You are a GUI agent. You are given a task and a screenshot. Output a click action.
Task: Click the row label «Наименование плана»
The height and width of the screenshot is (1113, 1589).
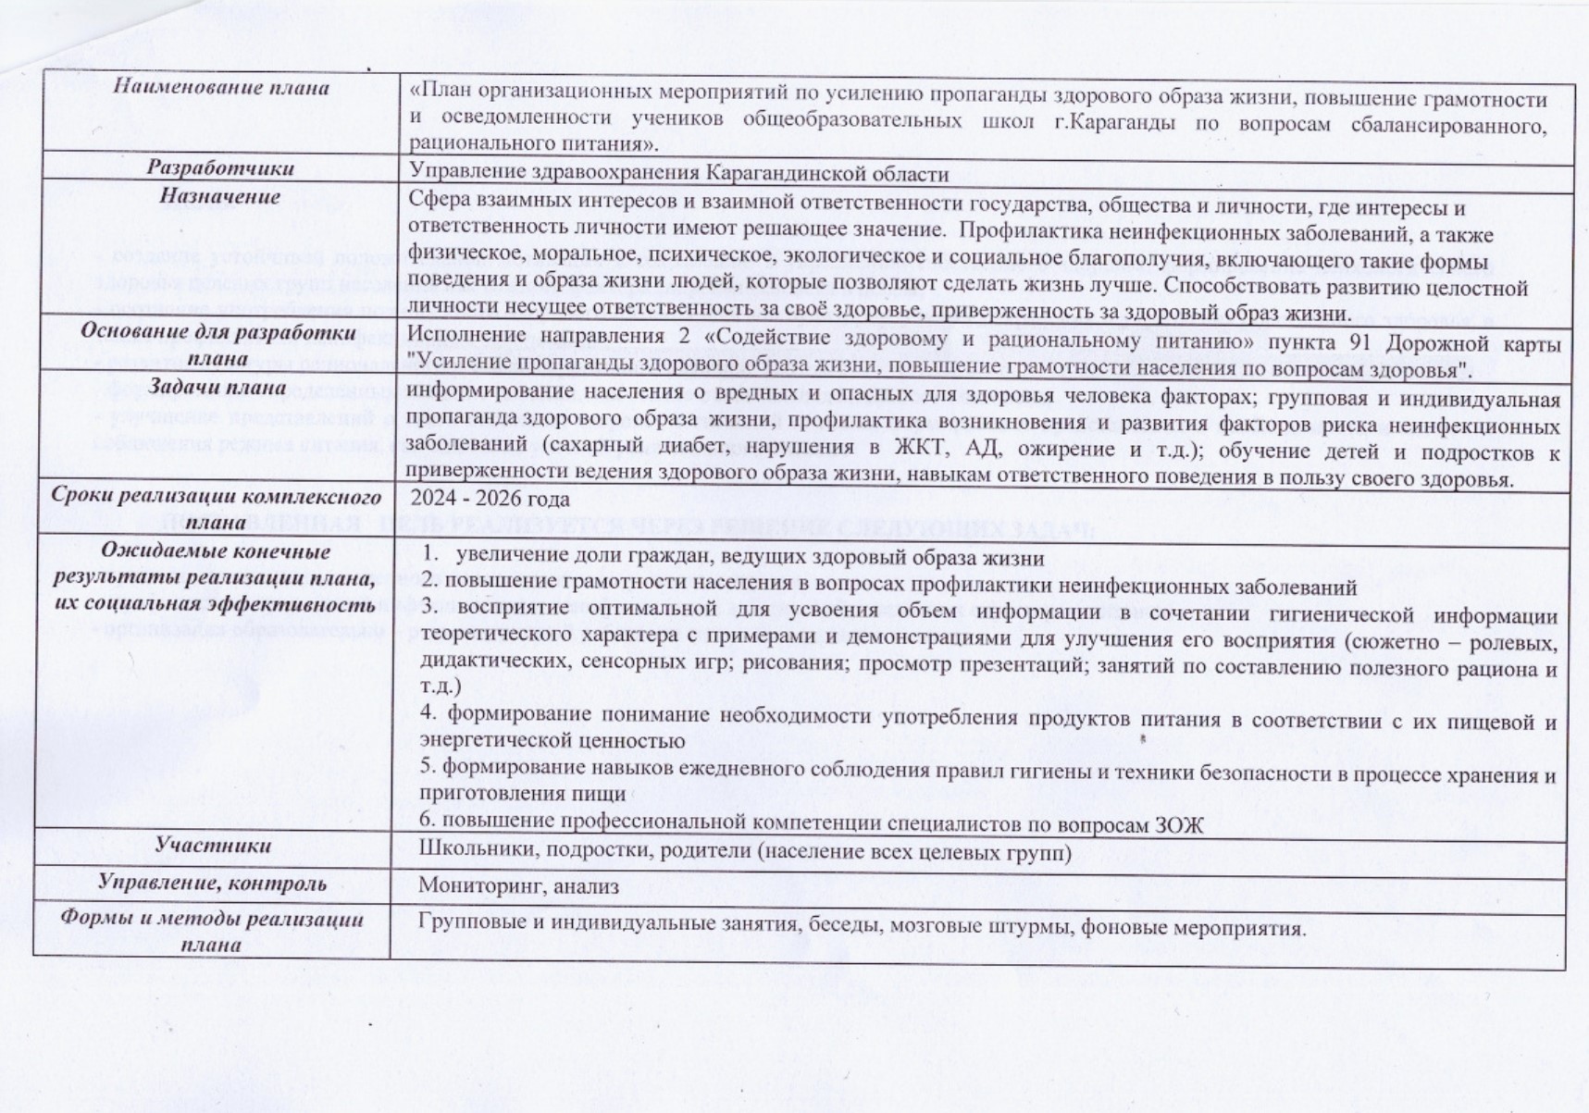[220, 88]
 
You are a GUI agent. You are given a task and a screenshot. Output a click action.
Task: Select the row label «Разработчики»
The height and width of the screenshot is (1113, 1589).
[220, 168]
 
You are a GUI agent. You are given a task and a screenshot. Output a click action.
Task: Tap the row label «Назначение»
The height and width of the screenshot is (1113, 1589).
[219, 197]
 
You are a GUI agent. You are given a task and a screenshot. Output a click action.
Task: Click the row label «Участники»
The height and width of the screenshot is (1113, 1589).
[213, 845]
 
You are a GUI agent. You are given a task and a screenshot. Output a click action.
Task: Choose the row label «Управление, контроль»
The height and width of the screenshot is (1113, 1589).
[212, 884]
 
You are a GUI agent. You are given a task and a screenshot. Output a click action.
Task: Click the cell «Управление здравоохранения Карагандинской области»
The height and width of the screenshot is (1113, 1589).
[678, 174]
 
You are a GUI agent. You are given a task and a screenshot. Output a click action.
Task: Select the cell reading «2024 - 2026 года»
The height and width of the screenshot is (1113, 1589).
[490, 499]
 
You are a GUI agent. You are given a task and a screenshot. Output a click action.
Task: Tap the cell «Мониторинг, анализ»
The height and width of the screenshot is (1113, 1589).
[518, 886]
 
